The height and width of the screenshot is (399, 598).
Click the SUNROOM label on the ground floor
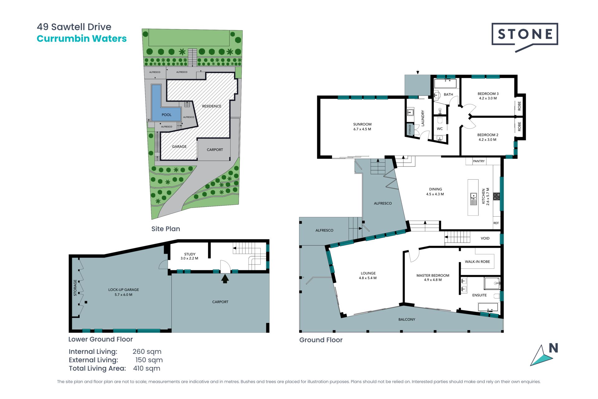coord(362,124)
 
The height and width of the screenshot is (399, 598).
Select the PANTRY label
coord(479,161)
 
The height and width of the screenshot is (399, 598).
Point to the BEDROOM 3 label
coord(488,94)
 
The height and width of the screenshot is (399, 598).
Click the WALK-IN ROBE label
coord(477,262)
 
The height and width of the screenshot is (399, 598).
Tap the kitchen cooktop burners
coord(497,196)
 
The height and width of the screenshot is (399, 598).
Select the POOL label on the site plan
coord(167,115)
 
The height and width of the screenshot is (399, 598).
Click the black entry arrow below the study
coord(225,279)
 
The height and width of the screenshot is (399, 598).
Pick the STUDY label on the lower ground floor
coord(190,254)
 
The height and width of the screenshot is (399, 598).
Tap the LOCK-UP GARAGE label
coord(124,290)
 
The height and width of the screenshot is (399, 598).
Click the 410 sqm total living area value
coord(147,368)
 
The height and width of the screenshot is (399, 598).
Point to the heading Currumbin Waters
coord(82,39)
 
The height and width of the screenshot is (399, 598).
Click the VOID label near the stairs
coord(485,238)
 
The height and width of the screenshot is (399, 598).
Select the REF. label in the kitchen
coord(496,223)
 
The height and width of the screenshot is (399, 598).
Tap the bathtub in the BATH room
coord(445,83)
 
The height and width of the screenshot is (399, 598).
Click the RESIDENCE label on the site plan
coord(212,106)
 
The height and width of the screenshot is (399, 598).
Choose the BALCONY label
coord(407,320)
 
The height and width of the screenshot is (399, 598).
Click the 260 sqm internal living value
coord(147,351)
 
